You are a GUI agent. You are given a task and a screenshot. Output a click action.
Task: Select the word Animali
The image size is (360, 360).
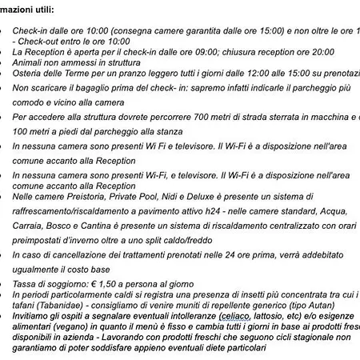(x=30, y=64)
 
